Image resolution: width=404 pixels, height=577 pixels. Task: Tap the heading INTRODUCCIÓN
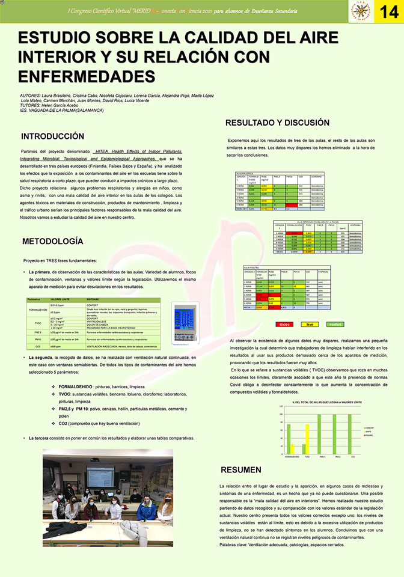(x=53, y=136)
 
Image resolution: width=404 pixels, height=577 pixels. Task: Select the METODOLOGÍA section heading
(x=52, y=241)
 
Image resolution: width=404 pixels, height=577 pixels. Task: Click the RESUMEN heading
(x=241, y=469)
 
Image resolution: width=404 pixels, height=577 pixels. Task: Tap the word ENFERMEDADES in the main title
(x=87, y=78)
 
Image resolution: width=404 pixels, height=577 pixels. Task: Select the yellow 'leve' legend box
(x=310, y=324)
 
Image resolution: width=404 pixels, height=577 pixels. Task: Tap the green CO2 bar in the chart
(x=349, y=433)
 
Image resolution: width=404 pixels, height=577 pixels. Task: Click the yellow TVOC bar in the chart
(x=308, y=439)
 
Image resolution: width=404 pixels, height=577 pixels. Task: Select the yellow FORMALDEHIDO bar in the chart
(x=292, y=449)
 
